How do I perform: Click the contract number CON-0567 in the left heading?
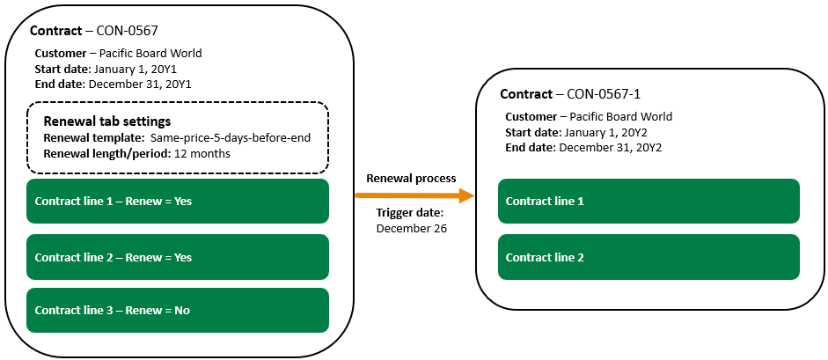coord(127,31)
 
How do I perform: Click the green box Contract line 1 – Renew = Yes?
coord(178,202)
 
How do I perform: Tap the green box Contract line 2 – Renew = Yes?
coord(178,258)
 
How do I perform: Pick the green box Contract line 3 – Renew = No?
coord(178,310)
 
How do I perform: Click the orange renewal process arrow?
coord(414,195)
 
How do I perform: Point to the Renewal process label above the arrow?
coord(411,178)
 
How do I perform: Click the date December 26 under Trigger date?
coord(411,228)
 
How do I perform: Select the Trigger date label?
coord(410,213)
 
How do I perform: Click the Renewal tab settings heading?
coord(106,121)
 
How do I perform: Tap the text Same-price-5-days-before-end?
coord(230,138)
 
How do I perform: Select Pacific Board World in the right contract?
coord(620,116)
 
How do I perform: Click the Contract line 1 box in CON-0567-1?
coord(648,202)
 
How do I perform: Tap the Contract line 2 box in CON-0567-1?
coord(648,258)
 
